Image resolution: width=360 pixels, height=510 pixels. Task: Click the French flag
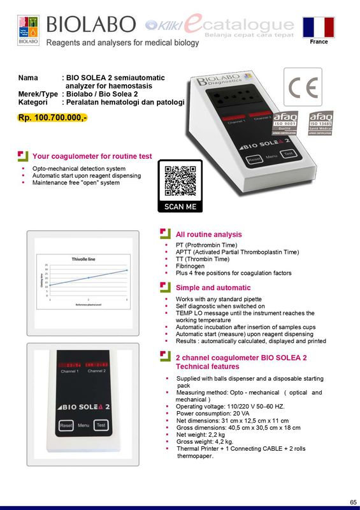[319, 27]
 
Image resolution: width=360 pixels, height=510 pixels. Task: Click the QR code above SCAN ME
[180, 180]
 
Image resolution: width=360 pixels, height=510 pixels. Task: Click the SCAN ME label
[180, 207]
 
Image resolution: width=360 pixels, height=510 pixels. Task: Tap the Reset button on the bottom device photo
[66, 425]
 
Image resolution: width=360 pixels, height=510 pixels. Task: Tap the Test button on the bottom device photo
[101, 425]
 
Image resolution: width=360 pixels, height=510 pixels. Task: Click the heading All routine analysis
[208, 235]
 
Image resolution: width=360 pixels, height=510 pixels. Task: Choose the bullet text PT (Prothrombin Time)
[206, 245]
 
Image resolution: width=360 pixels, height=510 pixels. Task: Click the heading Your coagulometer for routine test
[92, 156]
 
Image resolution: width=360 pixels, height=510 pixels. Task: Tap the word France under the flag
[319, 42]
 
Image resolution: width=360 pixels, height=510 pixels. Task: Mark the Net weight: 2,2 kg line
[200, 435]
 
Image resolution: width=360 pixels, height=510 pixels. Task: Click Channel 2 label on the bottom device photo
[97, 371]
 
